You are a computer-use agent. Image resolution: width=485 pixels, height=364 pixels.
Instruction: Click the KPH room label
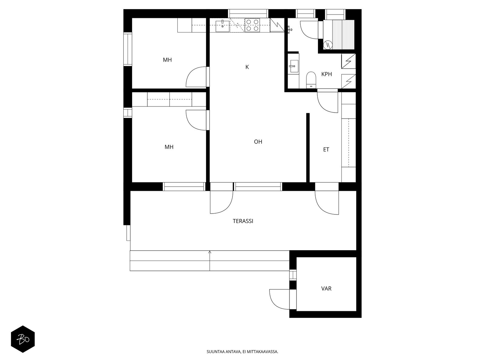326,74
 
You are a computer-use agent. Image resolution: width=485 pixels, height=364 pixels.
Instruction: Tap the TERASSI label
243,221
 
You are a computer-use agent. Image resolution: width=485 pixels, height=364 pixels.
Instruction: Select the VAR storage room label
326,288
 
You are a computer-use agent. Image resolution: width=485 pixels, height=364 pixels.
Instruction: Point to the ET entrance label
326,150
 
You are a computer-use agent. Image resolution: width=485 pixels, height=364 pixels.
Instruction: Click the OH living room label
258,142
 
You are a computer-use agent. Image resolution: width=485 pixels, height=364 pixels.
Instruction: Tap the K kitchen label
247,67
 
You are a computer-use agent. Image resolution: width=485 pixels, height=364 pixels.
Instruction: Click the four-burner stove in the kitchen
252,25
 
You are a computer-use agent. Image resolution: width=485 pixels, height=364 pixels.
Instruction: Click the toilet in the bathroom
311,79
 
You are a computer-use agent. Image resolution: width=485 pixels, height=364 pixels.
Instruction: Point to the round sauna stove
327,45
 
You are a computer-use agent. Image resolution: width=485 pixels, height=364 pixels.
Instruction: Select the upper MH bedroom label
167,60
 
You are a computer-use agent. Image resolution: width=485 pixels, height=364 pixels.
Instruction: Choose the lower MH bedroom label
169,147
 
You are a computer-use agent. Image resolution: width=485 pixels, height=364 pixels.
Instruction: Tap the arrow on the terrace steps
210,252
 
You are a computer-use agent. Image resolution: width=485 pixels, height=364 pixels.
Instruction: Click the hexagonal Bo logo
23,339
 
